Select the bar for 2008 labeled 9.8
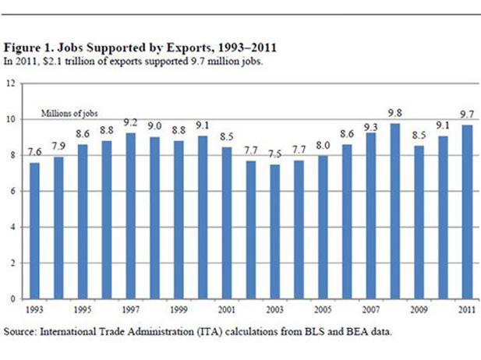point(397,210)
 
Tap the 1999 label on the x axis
point(179,309)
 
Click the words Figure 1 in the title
point(28,48)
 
